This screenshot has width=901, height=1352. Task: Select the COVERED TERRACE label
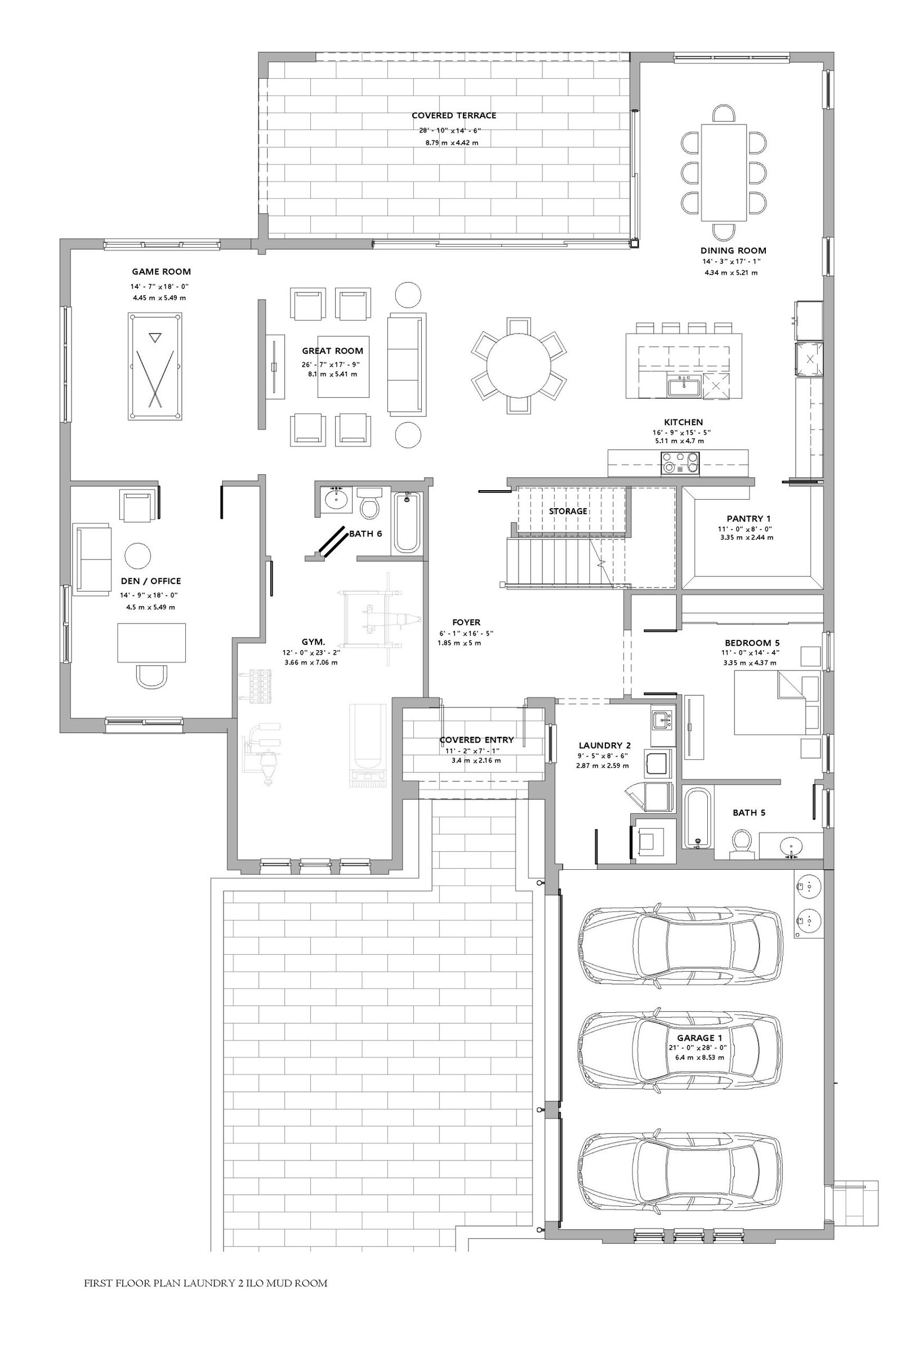454,115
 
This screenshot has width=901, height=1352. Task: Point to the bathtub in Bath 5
698,817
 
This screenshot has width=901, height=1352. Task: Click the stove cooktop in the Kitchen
681,462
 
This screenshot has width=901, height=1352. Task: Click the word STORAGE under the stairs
568,511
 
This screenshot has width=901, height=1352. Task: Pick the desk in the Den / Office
151,643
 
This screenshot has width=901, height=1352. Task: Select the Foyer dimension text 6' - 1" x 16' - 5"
466,633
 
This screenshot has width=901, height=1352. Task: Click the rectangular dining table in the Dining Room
724,172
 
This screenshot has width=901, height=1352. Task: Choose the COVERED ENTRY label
476,740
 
